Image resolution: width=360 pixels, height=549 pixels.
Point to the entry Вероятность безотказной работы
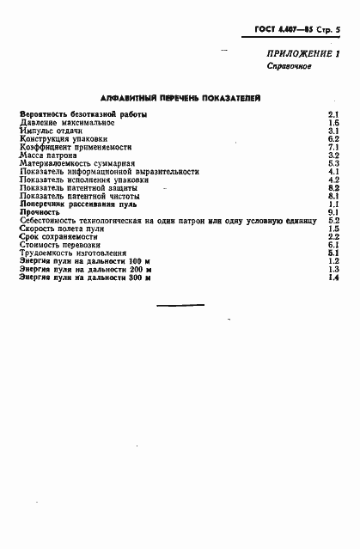82,114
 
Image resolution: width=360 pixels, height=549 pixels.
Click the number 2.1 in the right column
334,114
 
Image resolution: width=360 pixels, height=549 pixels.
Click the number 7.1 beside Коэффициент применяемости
334,147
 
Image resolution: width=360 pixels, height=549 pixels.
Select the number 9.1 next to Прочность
334,212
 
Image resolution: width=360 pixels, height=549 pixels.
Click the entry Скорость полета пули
62,229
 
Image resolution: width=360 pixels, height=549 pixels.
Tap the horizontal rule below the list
180,305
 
